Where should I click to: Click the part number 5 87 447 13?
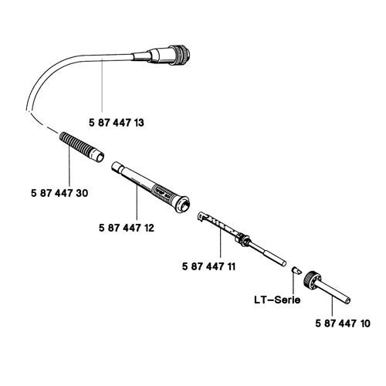coord(117,123)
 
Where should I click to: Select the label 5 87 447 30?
coord(59,193)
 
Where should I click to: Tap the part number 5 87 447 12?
coord(127,228)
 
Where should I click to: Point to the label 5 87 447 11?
coord(208,266)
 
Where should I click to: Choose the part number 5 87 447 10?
coord(343,323)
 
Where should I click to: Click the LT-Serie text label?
coord(277,300)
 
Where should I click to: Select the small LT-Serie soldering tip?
coord(296,271)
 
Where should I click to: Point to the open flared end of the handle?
coord(182,205)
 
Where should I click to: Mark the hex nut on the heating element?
coord(243,239)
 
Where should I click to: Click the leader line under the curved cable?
coord(102,86)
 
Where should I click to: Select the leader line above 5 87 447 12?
coord(137,201)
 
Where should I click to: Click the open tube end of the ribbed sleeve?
coord(100,157)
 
